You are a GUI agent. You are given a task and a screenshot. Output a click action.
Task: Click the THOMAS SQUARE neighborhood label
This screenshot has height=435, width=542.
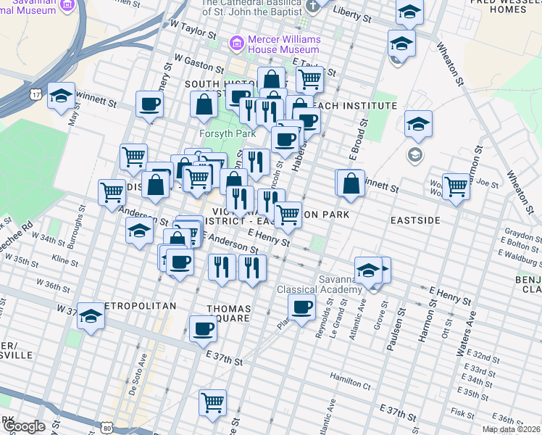pyautogui.click(x=229, y=312)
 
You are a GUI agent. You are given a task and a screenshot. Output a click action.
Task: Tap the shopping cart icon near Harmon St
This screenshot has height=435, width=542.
pyautogui.click(x=456, y=186)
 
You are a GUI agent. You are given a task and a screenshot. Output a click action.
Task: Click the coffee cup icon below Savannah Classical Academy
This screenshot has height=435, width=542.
pyautogui.click(x=302, y=306)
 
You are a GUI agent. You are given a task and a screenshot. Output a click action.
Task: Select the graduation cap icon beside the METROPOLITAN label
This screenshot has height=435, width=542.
pyautogui.click(x=91, y=316)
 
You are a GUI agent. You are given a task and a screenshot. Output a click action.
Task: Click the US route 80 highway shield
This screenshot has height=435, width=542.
pyautogui.click(x=107, y=428)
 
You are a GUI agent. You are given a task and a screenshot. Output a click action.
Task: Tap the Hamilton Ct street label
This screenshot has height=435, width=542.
pyautogui.click(x=350, y=376)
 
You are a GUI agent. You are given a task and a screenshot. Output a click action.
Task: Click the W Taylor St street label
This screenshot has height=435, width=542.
pyautogui.click(x=193, y=30)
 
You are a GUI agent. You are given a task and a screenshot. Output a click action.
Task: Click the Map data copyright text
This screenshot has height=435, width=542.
pyautogui.click(x=511, y=429)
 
